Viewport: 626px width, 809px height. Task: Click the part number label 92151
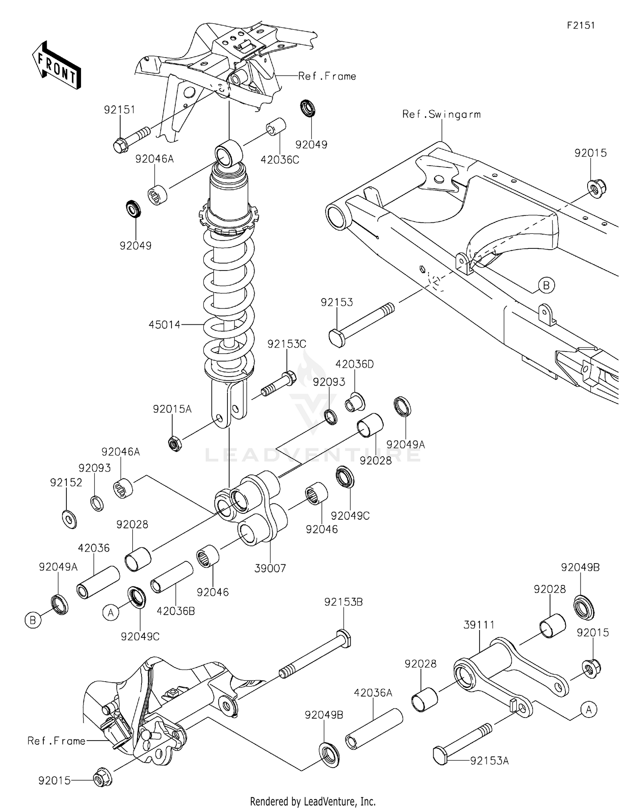point(120,110)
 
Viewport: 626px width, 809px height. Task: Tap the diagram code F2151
point(581,25)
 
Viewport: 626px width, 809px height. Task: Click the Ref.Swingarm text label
point(441,114)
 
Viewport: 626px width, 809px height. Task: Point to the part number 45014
point(164,324)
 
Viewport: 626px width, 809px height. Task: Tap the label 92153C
point(287,344)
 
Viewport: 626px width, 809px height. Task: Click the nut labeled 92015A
point(174,443)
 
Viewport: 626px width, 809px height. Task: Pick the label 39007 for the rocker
point(270,568)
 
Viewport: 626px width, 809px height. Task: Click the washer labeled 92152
point(69,519)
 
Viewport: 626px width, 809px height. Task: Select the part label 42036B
point(176,611)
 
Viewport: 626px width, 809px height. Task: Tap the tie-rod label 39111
point(479,625)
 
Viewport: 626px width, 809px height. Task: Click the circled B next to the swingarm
point(546,286)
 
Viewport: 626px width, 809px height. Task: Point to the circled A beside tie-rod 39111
point(588,709)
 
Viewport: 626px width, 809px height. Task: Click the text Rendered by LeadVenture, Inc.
point(313,801)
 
